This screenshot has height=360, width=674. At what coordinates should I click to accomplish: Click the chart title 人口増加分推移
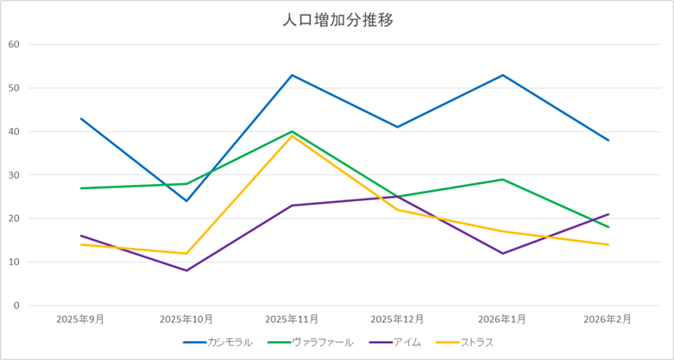(x=337, y=20)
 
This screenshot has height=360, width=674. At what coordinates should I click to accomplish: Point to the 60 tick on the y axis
(x=13, y=44)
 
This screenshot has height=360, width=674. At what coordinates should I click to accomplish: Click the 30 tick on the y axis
(x=13, y=175)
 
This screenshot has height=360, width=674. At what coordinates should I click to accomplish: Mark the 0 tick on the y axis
(x=16, y=306)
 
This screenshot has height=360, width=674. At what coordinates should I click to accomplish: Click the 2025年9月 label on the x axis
(x=80, y=319)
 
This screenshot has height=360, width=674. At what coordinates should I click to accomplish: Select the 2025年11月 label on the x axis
(x=292, y=319)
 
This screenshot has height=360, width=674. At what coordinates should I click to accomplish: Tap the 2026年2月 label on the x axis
(x=608, y=319)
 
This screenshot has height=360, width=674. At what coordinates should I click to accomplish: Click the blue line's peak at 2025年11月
(x=292, y=75)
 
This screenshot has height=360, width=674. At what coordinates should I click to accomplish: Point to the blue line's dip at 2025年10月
(x=186, y=201)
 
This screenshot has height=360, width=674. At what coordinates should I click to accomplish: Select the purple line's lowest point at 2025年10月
(x=186, y=270)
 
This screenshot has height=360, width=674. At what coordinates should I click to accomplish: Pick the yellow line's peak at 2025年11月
(x=292, y=136)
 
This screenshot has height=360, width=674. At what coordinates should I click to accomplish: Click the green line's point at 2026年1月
(x=503, y=180)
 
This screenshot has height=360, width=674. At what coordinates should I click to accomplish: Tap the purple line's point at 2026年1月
(x=503, y=253)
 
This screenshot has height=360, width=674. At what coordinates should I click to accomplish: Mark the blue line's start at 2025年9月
(x=81, y=118)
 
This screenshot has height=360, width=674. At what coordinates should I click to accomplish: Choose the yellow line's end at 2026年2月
(x=608, y=244)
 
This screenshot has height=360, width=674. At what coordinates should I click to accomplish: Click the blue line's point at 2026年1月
(x=503, y=75)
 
